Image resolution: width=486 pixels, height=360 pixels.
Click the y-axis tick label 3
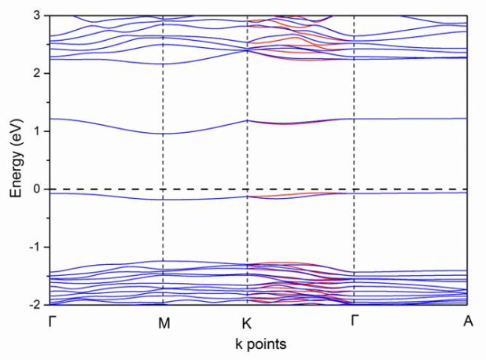(x=36, y=15)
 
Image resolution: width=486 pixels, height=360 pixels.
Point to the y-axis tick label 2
(x=36, y=73)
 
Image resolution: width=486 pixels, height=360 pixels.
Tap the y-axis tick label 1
(x=36, y=130)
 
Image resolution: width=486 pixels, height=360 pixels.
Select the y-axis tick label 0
(x=36, y=189)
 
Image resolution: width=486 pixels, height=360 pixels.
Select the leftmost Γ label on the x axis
(x=52, y=321)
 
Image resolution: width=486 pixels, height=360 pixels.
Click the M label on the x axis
(x=163, y=321)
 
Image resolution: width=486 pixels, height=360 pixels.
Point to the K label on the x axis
(x=247, y=321)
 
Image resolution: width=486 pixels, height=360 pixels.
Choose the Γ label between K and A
(x=354, y=321)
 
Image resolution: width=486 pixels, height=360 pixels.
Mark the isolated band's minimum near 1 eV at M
(x=163, y=134)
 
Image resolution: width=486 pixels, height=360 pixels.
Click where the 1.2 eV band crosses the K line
(x=248, y=120)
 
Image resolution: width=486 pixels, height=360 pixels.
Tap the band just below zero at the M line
(x=163, y=200)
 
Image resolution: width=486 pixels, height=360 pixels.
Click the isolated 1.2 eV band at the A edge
(x=466, y=119)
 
